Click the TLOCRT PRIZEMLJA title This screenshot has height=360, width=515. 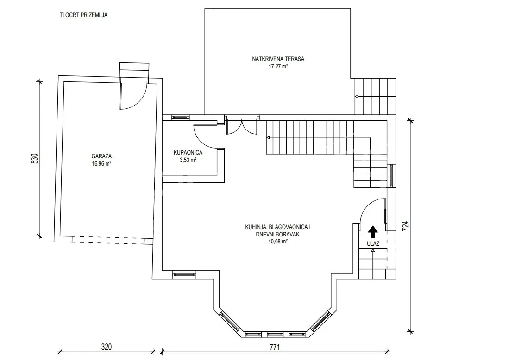(83, 15)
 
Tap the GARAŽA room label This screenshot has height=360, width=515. (101, 156)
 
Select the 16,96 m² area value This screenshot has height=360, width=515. (101, 164)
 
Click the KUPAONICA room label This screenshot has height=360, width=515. (188, 153)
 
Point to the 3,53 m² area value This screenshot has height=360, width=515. (188, 160)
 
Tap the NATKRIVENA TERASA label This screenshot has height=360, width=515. (278, 59)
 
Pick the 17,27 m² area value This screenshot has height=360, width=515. (278, 67)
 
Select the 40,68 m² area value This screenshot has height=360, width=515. (278, 242)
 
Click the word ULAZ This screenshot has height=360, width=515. (373, 244)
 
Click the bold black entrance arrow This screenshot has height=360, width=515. (373, 232)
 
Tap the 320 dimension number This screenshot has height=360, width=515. (107, 347)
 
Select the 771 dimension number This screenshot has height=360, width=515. (275, 347)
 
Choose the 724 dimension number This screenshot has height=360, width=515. (406, 226)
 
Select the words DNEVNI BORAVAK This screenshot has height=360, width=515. (278, 234)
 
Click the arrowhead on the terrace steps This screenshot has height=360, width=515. (356, 97)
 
